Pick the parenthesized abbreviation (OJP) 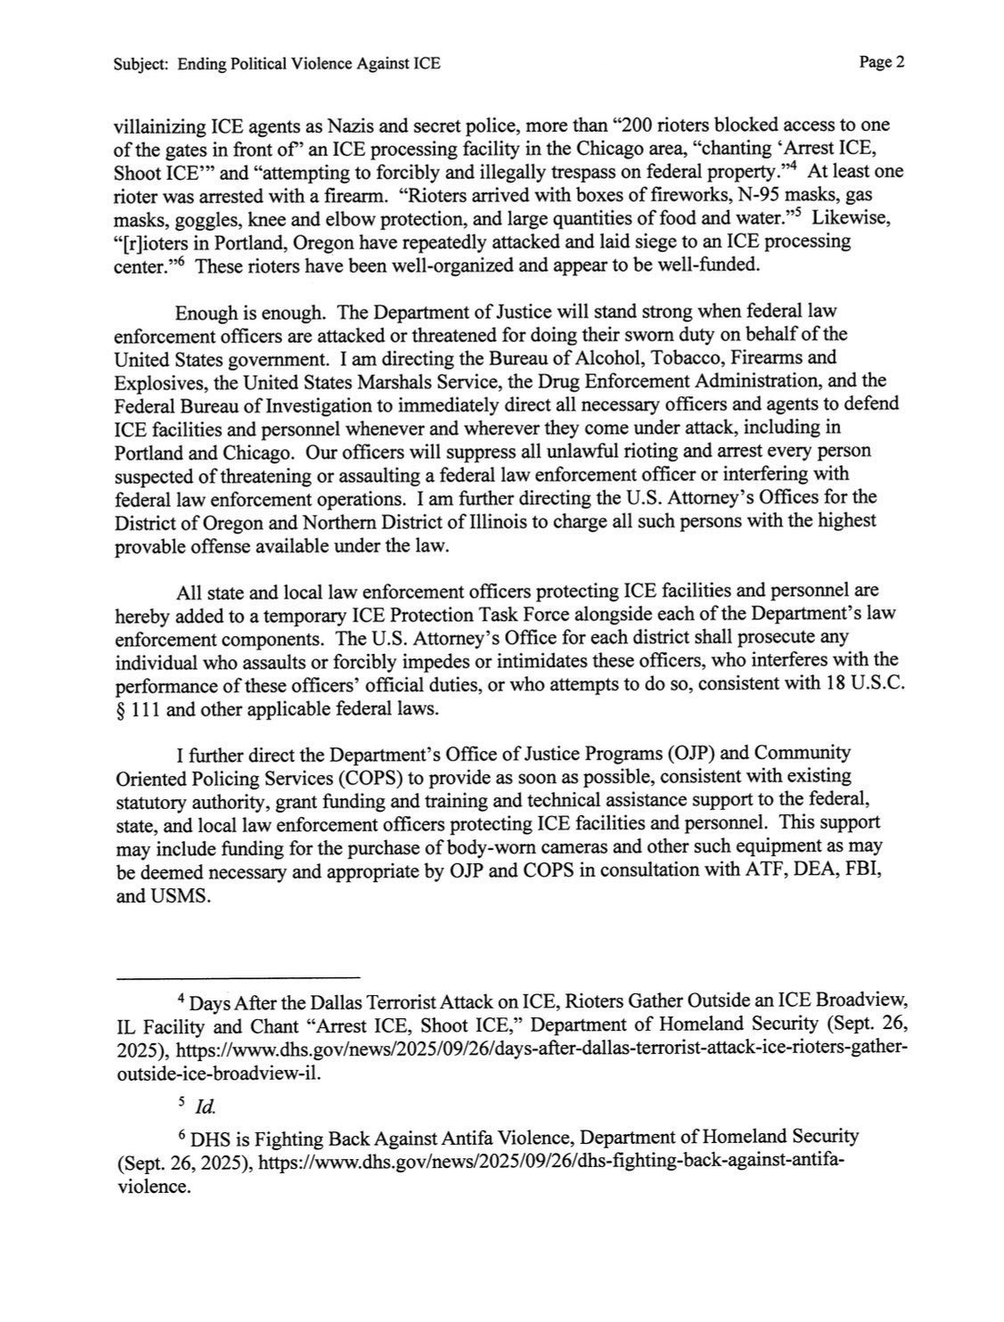[660, 753]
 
